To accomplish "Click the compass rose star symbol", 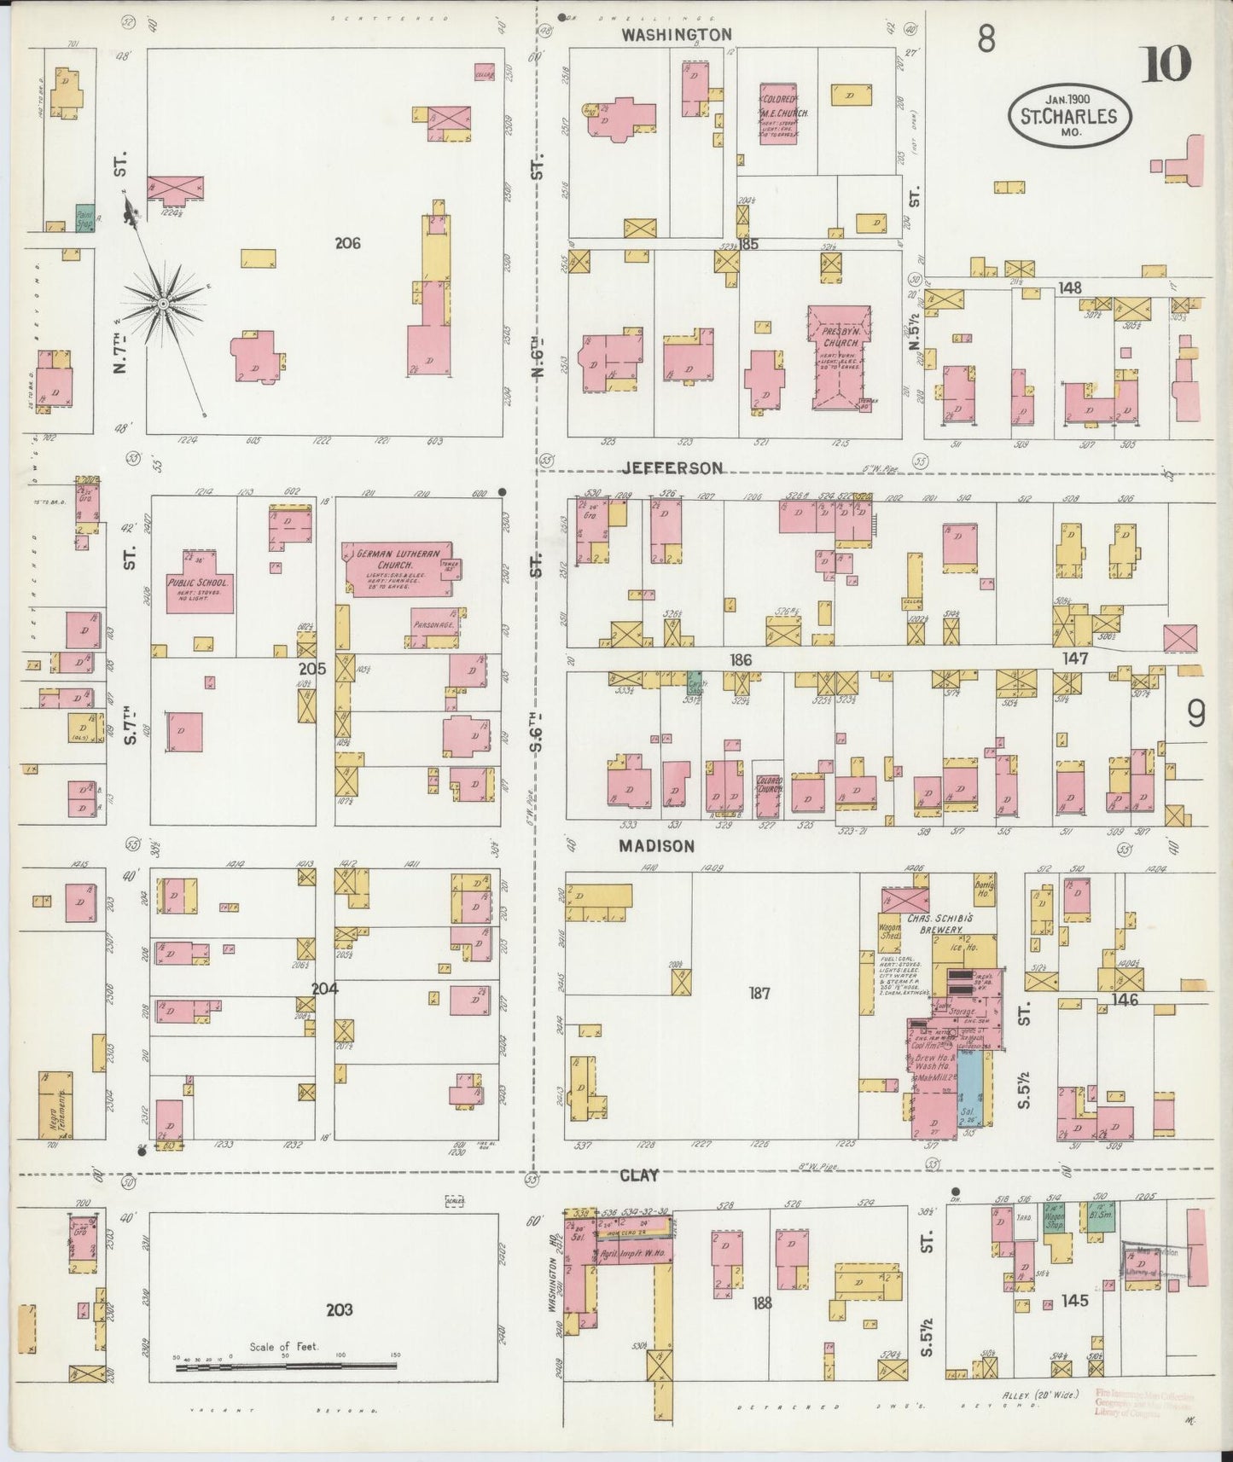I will tap(162, 303).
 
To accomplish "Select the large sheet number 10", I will tap(1166, 65).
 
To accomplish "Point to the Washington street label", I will tap(676, 35).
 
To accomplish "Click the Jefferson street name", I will tap(672, 467).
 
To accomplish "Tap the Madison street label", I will tap(657, 845).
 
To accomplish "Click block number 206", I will tap(347, 243).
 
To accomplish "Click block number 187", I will tap(759, 993).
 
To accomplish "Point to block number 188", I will tap(762, 1302).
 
